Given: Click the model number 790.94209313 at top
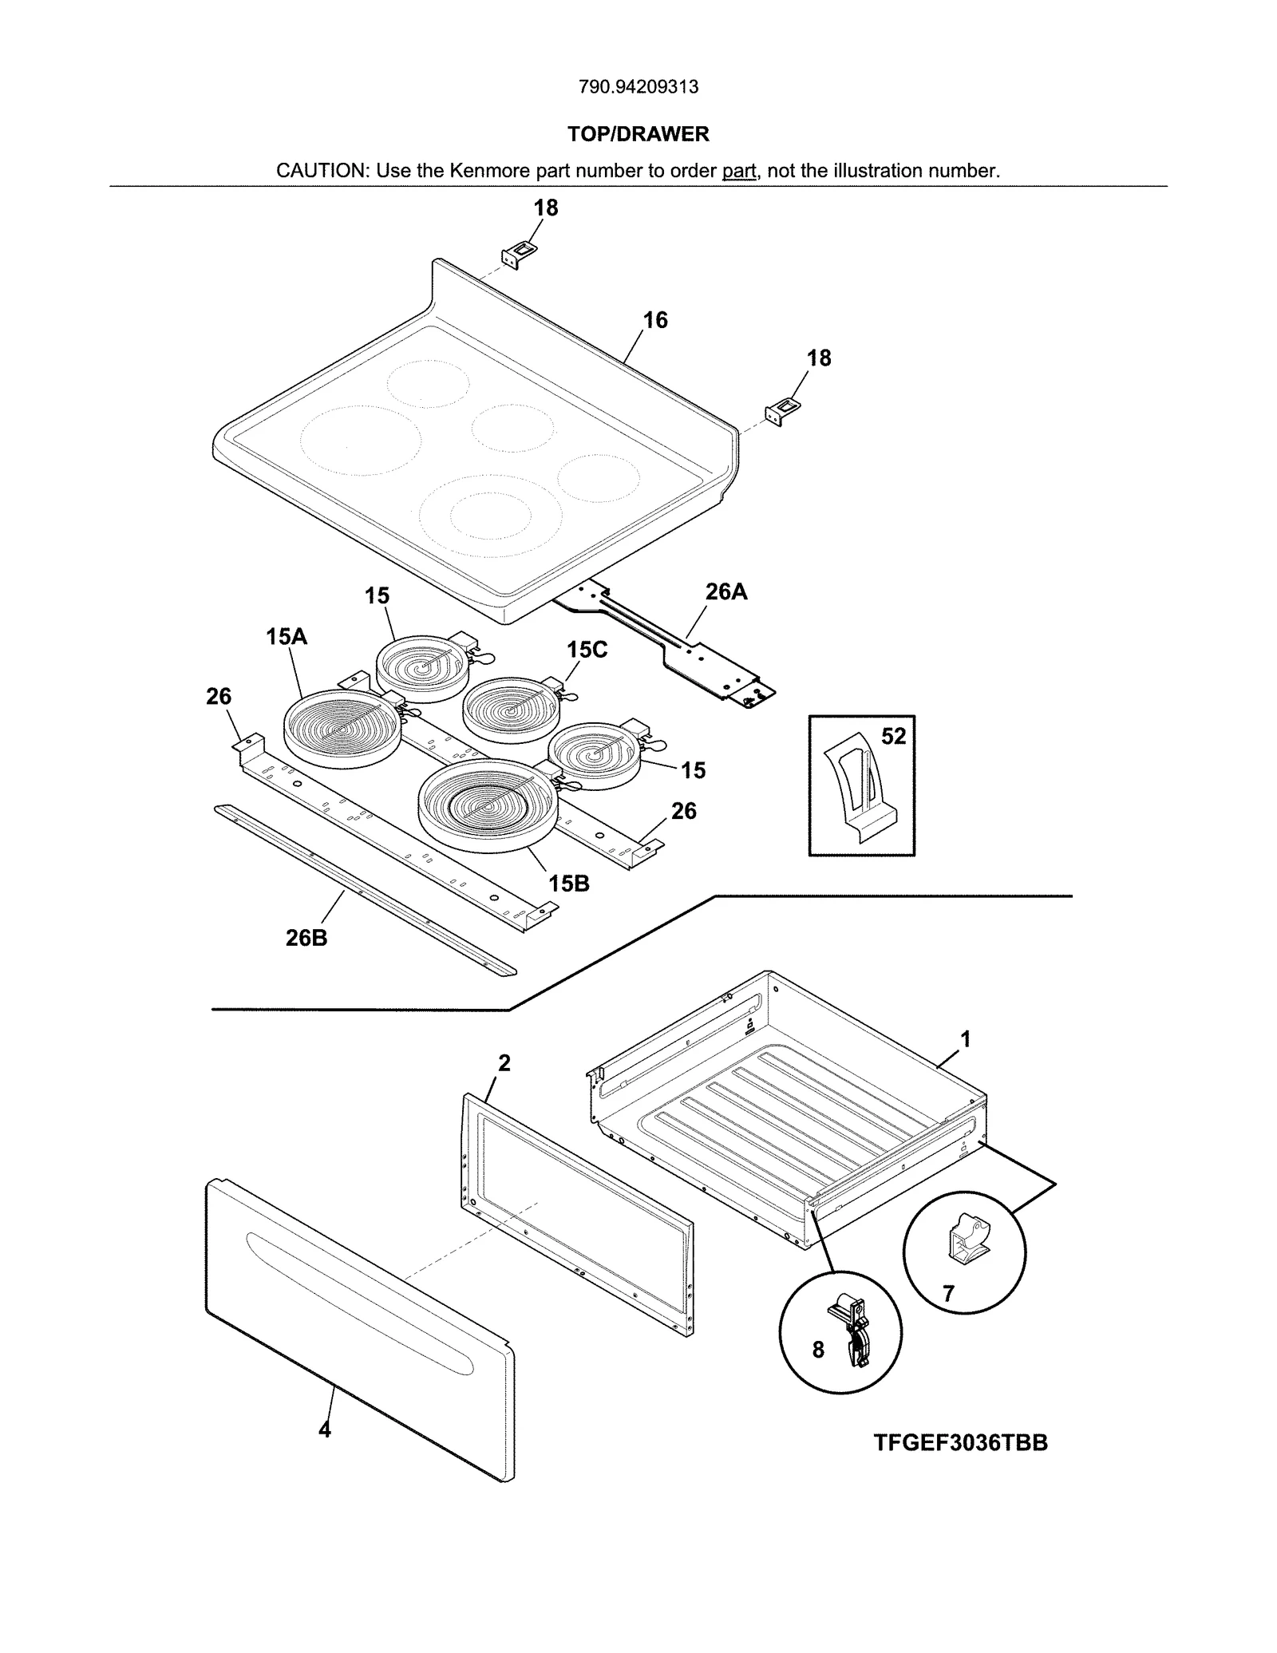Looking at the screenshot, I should pos(638,87).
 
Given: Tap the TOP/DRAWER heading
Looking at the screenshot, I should pos(638,134).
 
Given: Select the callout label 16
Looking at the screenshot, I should pos(654,321).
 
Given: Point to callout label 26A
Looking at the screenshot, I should pos(725,591).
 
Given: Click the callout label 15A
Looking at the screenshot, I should pos(286,637).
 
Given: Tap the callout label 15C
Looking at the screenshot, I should pos(587,650).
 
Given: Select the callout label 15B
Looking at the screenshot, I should pos(568,884).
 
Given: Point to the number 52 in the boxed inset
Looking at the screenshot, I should pos(893,737).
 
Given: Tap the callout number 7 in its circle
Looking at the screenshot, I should pos(948,1294).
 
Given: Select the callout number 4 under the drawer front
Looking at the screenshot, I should pos(324,1430).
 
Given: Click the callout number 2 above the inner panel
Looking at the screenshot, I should pos(504,1063).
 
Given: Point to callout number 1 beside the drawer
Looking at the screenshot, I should pos(965,1039).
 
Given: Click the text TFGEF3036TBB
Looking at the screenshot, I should pos(960,1443).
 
